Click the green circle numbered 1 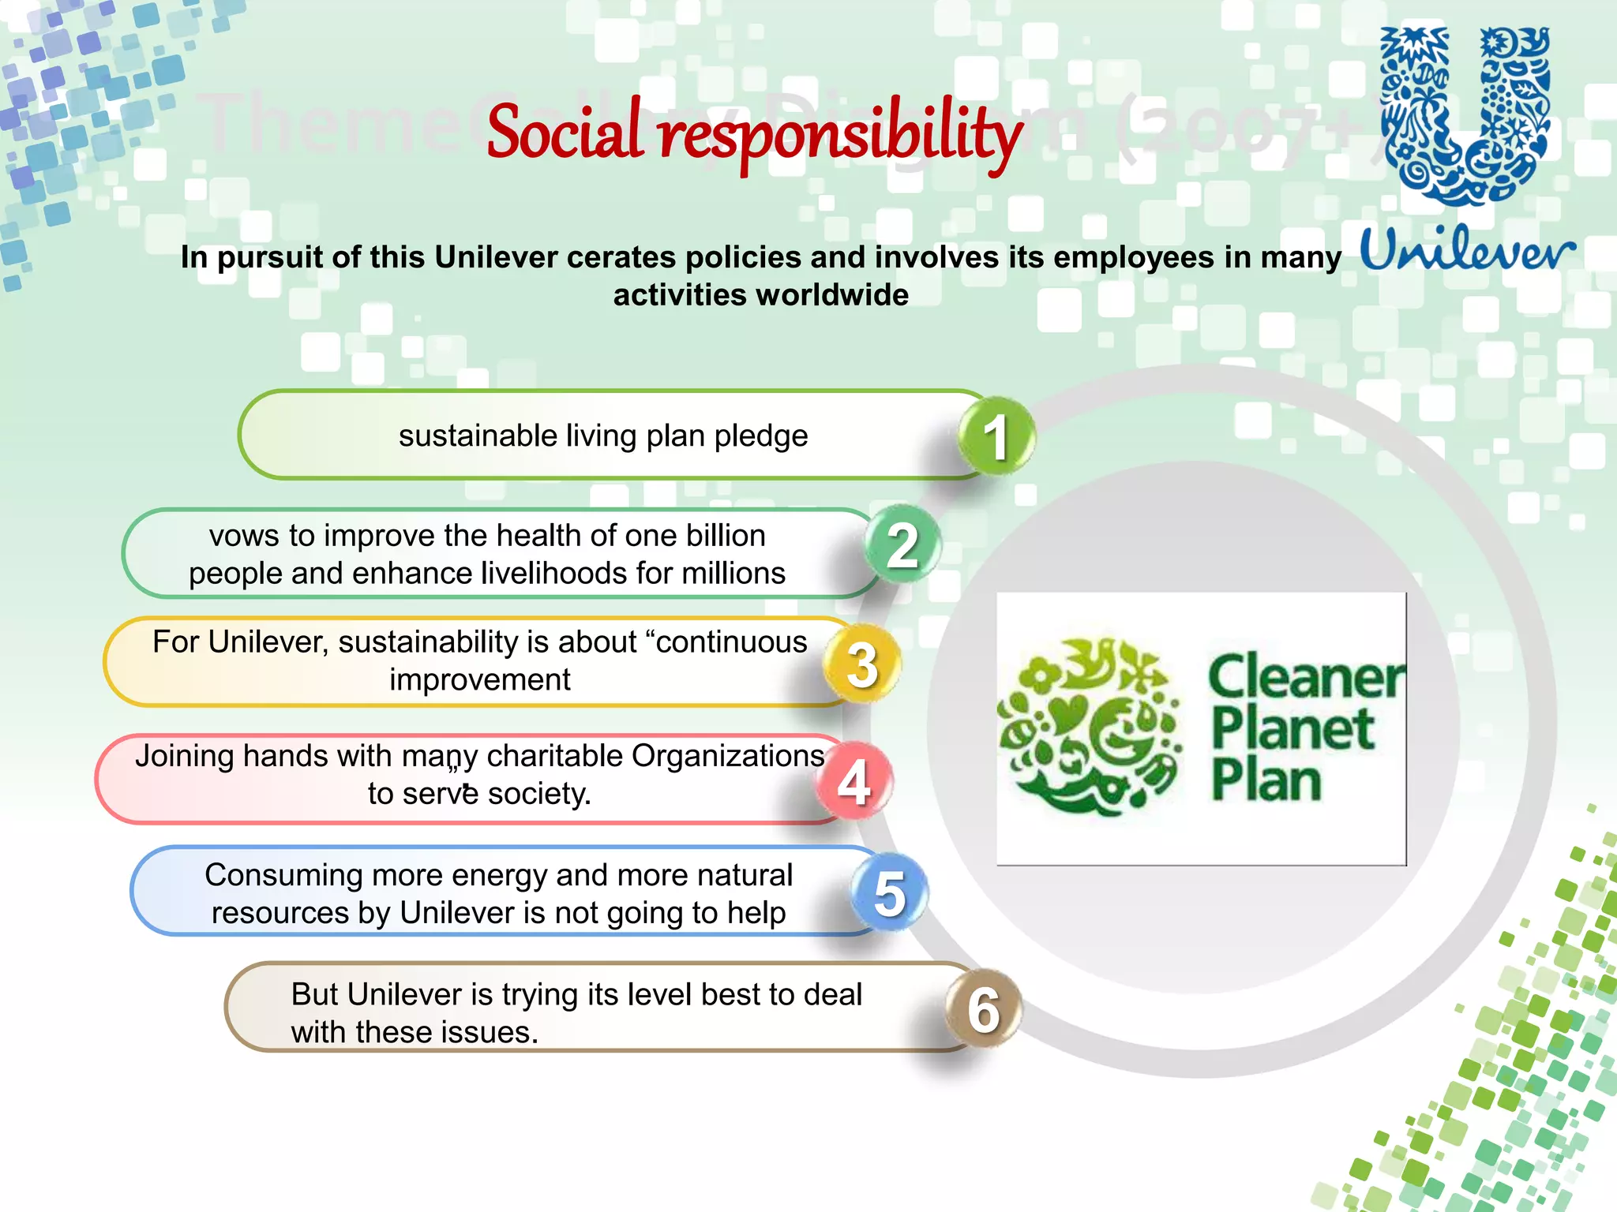tap(996, 436)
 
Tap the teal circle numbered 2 tap(902, 544)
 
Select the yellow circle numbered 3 tap(861, 664)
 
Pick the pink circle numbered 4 tap(854, 780)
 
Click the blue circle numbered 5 tap(889, 892)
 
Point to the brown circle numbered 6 tap(983, 1009)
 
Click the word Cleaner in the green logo tap(1306, 677)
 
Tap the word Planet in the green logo tap(1292, 729)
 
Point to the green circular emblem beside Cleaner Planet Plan tap(1090, 727)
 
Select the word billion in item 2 tap(726, 536)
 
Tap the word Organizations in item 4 tap(728, 756)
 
